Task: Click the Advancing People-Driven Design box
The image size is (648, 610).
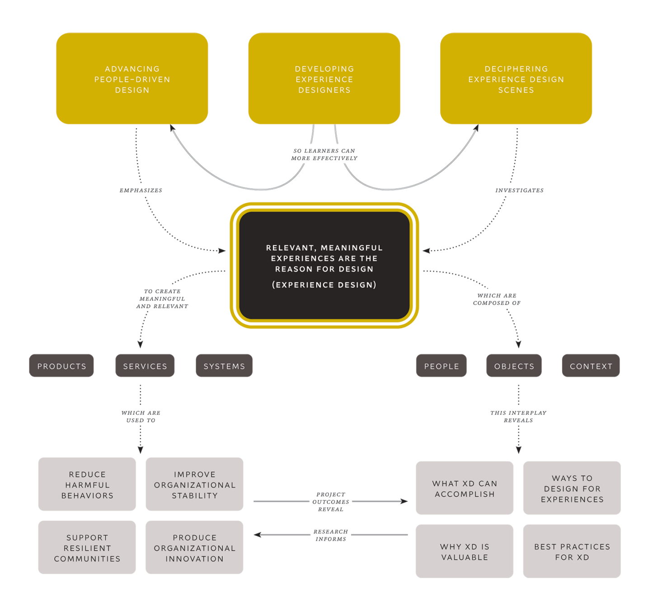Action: tap(132, 79)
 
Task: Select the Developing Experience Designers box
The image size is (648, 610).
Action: tap(324, 79)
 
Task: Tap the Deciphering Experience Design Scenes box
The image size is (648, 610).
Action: tap(516, 79)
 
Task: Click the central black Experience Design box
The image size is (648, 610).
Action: tap(324, 266)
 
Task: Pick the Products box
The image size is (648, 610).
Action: tap(61, 366)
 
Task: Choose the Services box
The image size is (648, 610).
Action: tap(145, 366)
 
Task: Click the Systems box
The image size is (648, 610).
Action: tap(224, 366)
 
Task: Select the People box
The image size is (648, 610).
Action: tap(441, 366)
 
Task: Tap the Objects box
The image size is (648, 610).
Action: tap(514, 366)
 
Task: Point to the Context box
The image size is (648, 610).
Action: tap(591, 366)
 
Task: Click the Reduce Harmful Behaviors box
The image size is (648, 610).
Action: tap(87, 484)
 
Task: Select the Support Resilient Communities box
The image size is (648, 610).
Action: tap(87, 548)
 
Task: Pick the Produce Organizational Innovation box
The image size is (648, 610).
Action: tap(194, 548)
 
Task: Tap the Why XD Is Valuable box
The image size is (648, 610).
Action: tap(465, 551)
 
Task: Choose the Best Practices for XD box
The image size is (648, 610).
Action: tap(572, 551)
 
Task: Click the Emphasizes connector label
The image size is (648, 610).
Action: tap(141, 190)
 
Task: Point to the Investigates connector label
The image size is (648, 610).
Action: tap(519, 190)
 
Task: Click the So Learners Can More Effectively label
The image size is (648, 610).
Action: tap(324, 155)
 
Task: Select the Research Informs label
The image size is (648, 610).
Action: tap(331, 535)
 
